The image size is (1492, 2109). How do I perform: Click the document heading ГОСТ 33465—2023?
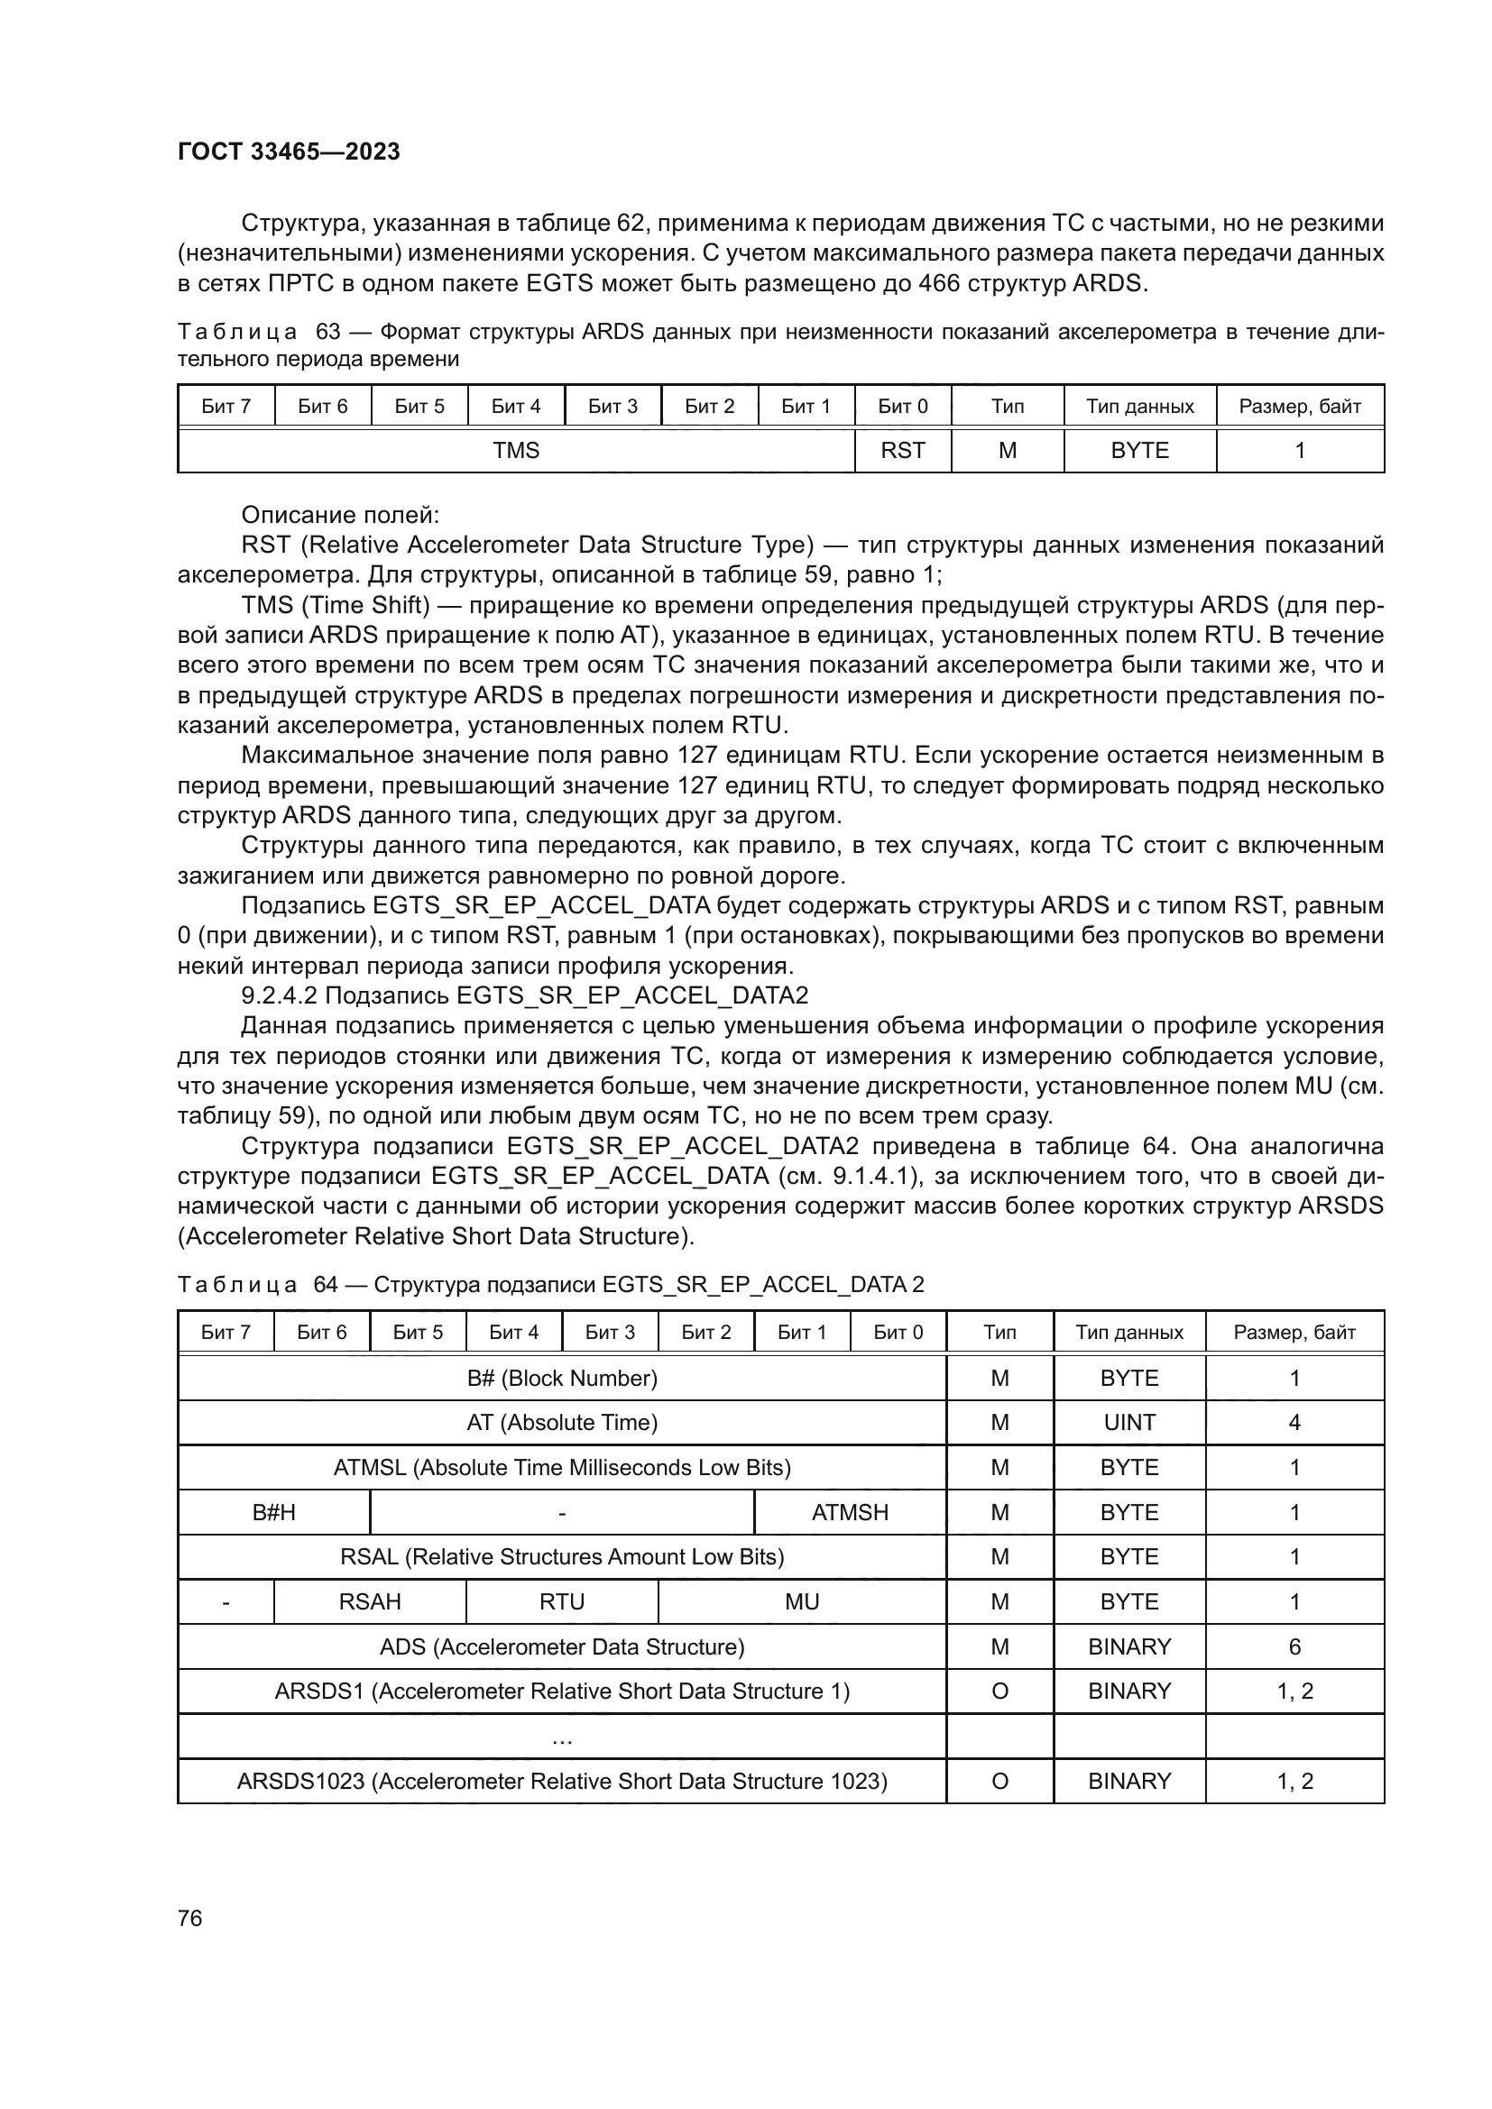pos(289,152)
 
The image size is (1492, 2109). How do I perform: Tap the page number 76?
pos(189,1918)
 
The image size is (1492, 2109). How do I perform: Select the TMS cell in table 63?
pos(515,450)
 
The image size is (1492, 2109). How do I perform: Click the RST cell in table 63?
pos(902,450)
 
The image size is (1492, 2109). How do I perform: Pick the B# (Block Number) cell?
pos(561,1378)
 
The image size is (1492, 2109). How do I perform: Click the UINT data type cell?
pos(1129,1422)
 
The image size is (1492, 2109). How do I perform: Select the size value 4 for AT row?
pos(1294,1422)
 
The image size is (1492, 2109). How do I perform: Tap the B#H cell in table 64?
pos(274,1512)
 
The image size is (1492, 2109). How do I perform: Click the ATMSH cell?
pos(850,1512)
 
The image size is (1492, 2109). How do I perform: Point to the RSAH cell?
pos(369,1601)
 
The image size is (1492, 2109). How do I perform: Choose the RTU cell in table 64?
pos(561,1601)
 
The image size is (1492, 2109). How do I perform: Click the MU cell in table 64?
pos(801,1601)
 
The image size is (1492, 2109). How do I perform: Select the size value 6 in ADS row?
pos(1294,1646)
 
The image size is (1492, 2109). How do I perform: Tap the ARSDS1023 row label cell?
pos(561,1781)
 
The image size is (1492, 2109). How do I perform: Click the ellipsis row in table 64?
pos(561,1737)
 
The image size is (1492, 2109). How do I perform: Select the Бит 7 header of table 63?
pos(226,406)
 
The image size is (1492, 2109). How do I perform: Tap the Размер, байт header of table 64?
pos(1294,1332)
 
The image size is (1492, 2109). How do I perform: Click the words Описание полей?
pos(340,514)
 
